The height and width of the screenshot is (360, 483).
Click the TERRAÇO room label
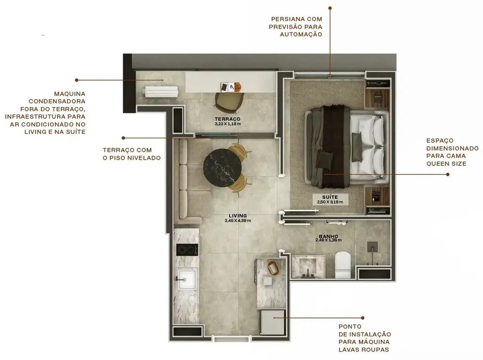click(x=227, y=119)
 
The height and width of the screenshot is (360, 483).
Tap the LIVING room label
click(x=238, y=215)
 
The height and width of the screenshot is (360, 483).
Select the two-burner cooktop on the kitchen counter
click(x=187, y=250)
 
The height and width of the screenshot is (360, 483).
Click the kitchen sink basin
click(x=187, y=279)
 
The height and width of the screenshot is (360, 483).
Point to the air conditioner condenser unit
click(x=161, y=91)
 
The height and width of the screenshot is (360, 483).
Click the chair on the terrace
click(x=229, y=101)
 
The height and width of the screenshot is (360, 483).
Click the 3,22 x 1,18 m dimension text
click(x=227, y=124)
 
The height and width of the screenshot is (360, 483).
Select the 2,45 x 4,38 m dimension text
click(x=238, y=221)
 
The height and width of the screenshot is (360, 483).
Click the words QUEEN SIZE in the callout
click(x=446, y=164)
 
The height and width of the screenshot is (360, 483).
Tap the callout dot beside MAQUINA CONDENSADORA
click(x=76, y=80)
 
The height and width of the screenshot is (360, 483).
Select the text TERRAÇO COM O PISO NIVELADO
click(x=132, y=154)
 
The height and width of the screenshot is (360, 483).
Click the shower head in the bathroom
click(x=372, y=246)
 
